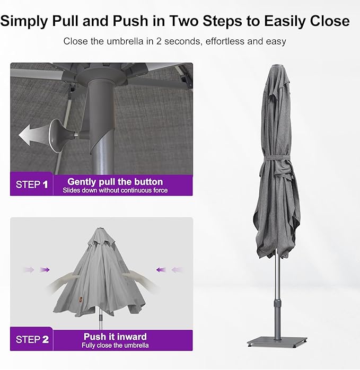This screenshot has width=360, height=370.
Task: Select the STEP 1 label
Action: click(x=32, y=184)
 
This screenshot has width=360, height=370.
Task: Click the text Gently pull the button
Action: click(x=115, y=182)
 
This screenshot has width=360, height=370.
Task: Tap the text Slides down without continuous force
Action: click(x=115, y=190)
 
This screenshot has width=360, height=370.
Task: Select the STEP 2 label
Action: click(x=32, y=339)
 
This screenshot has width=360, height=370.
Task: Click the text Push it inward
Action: click(x=115, y=337)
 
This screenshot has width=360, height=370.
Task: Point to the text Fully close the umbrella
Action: click(x=115, y=345)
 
